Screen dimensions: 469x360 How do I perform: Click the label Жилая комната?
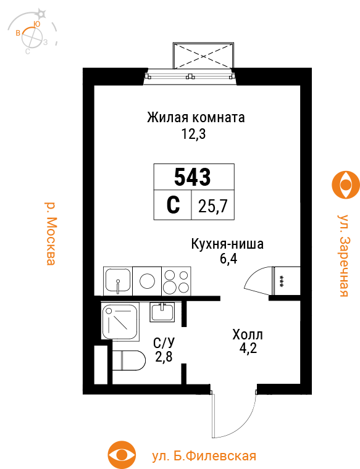coord(196,117)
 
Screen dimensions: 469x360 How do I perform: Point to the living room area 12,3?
coord(193,134)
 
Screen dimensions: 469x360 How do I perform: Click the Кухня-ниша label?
coord(227,244)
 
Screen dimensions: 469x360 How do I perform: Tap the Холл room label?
coord(248,335)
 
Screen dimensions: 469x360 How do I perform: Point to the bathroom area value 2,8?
coord(164,357)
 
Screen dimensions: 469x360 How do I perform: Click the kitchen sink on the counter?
coord(117,281)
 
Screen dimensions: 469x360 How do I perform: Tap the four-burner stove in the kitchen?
coord(176,281)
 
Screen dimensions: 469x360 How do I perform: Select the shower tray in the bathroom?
coord(121,320)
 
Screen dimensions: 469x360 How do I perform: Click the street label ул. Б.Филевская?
coord(204,456)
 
